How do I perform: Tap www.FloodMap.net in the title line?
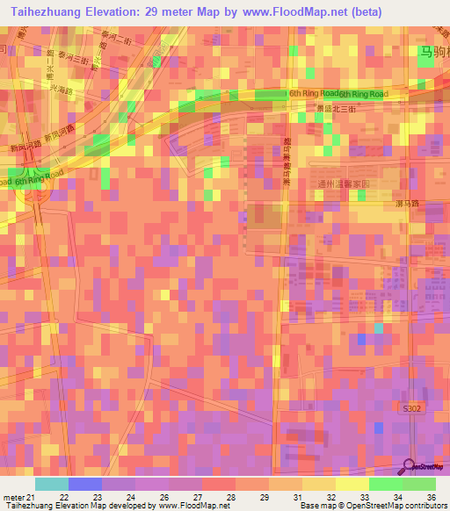point(281,11)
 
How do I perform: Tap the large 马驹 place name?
point(432,53)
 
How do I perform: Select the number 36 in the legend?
point(430,496)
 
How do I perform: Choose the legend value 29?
point(263,496)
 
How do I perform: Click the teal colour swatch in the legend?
point(51,484)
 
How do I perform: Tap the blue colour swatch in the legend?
point(84,484)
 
